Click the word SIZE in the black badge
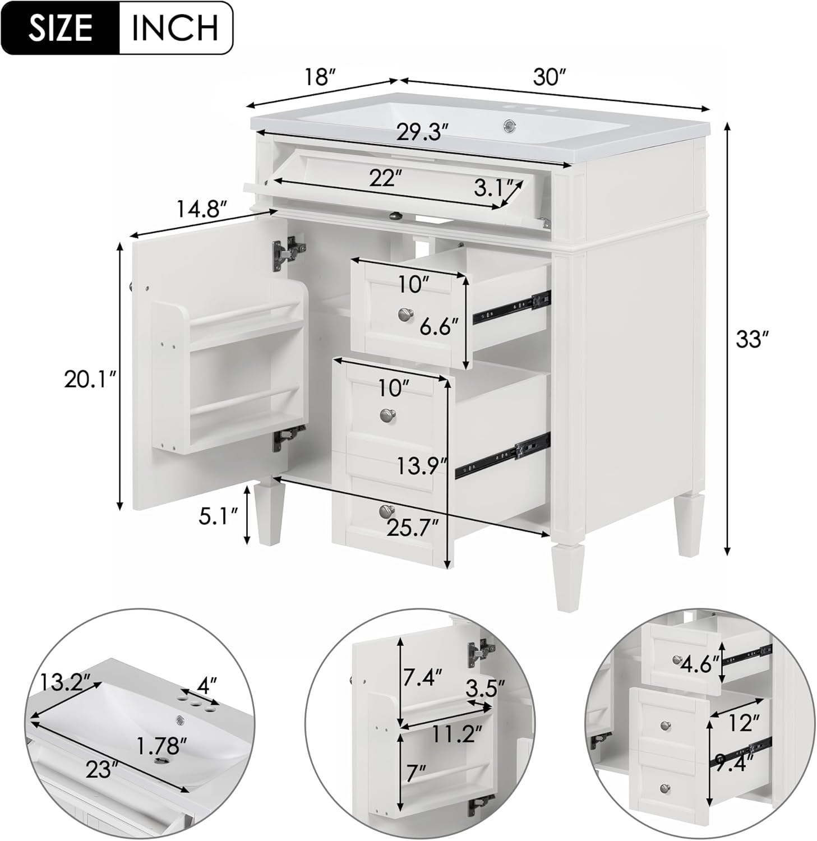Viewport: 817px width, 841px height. [x=61, y=28]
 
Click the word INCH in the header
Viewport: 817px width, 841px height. [x=175, y=28]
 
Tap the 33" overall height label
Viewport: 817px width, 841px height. [x=751, y=339]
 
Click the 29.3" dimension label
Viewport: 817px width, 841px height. [x=423, y=132]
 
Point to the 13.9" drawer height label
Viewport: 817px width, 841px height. [x=422, y=465]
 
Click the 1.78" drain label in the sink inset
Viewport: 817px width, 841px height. [x=161, y=746]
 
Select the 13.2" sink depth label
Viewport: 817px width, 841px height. [x=65, y=682]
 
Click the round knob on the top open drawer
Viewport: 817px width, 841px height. [x=404, y=315]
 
